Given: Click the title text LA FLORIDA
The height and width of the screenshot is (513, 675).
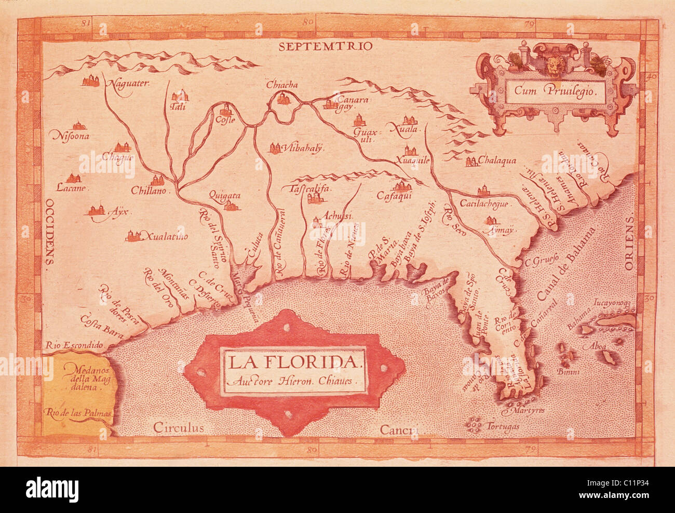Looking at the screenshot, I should click(x=294, y=362).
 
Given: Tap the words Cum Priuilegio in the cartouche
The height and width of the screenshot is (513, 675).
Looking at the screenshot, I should click(x=557, y=89).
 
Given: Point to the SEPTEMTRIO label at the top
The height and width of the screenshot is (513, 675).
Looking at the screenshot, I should click(x=325, y=46).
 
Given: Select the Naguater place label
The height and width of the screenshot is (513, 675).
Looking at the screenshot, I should click(x=128, y=83).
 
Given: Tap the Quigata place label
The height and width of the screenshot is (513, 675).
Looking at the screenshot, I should click(x=225, y=196).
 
